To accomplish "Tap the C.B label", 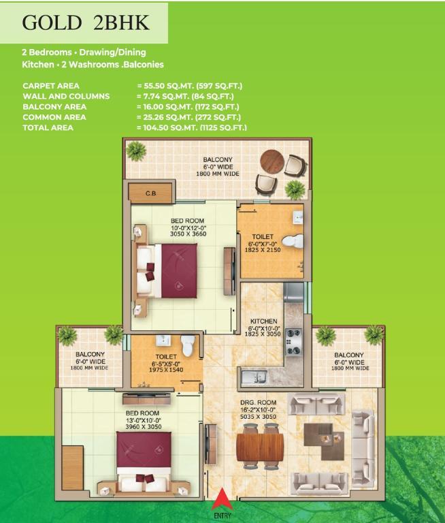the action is coord(150,193).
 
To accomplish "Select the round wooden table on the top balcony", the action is coord(272,162).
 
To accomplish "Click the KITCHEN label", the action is coord(264,321).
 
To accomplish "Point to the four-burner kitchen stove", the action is coord(293,342).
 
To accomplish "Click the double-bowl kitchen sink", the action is coord(254,377).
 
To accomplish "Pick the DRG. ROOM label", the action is coord(259,402).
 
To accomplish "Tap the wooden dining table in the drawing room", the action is coord(260,446).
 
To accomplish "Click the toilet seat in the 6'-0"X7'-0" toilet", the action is coord(293,241).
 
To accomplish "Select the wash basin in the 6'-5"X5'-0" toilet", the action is coord(163,340).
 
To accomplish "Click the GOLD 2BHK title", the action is coord(85,22).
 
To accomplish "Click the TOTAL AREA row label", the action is coord(48,128).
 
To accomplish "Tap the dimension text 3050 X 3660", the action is coord(188,234).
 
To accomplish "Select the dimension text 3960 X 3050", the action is coord(144,426).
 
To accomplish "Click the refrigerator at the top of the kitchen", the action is coord(294,292).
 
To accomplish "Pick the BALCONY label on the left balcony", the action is coord(90,354).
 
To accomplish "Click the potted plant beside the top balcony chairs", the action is coord(295,189).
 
